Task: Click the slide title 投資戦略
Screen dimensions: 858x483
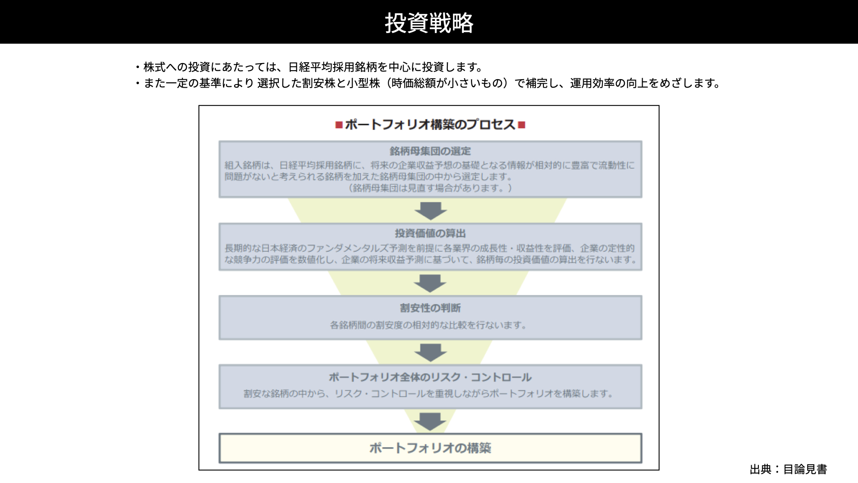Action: (429, 23)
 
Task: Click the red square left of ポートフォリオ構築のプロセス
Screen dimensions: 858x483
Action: (339, 125)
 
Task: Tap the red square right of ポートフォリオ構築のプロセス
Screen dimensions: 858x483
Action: (522, 125)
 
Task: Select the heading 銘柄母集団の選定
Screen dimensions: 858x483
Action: (430, 151)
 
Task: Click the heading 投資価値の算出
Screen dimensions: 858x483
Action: (430, 233)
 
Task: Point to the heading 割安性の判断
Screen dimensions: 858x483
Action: (430, 308)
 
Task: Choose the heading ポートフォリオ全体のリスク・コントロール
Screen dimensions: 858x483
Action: (430, 377)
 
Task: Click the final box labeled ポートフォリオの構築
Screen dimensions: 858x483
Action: (430, 448)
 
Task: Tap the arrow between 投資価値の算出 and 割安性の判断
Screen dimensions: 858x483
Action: (430, 284)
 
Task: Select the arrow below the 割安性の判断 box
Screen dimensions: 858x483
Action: (430, 353)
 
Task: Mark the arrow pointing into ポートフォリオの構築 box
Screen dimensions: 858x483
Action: (430, 422)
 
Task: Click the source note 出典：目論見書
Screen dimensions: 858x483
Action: (788, 469)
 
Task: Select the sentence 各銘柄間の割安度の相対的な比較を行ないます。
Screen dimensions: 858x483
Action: (429, 325)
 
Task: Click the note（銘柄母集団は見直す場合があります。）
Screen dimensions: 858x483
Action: (430, 188)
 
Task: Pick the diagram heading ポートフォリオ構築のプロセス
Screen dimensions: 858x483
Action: (430, 124)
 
